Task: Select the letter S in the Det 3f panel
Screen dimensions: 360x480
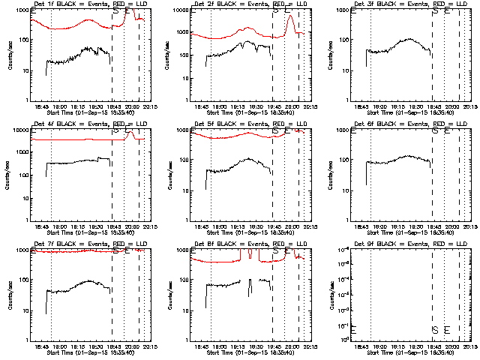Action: (x=435, y=11)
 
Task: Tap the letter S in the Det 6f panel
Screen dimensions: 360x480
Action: (x=435, y=130)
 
